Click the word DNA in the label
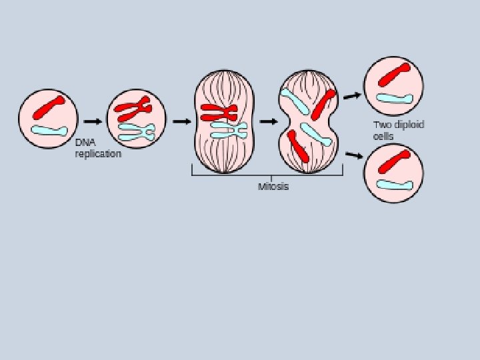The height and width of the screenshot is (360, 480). tap(85, 142)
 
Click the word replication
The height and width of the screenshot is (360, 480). tap(98, 154)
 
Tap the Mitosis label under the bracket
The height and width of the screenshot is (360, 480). tap(273, 187)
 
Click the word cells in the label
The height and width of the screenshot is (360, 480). tap(383, 136)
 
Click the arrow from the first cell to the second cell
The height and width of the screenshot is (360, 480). tap(93, 121)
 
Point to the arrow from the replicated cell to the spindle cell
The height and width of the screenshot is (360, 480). tap(181, 121)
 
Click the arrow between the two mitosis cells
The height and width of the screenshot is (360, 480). tap(269, 121)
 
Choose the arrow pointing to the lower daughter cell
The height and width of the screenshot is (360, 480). tap(354, 156)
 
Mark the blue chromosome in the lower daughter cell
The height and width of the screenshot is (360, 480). tap(393, 183)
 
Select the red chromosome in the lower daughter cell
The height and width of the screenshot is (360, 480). tap(393, 161)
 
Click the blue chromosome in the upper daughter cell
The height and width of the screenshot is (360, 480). tap(394, 98)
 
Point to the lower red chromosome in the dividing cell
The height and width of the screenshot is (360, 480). tap(298, 146)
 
